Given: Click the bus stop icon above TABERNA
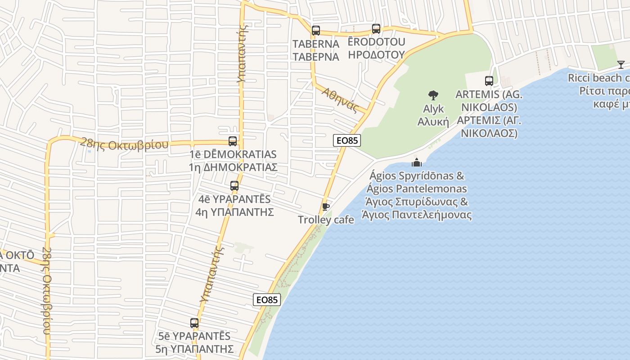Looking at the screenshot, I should tap(316, 31).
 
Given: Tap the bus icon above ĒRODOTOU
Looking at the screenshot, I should tap(376, 29).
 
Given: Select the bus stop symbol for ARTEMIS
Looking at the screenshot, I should tap(489, 81).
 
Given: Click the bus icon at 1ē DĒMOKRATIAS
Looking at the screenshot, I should tap(233, 141).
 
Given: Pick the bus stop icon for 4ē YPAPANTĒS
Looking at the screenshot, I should tap(234, 185).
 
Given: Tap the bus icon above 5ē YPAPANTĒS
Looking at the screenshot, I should tap(194, 323).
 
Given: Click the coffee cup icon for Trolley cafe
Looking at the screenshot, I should tap(326, 207).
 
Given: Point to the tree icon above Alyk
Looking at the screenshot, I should tap(433, 95).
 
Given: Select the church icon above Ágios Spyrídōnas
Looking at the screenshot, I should tap(417, 162).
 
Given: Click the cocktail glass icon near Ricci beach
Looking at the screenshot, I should tap(621, 65).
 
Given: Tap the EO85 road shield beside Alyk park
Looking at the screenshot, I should tap(347, 140).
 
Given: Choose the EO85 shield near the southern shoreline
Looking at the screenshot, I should tap(267, 300).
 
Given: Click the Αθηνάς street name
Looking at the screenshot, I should tap(340, 100).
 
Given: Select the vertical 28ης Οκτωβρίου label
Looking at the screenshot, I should tap(46, 290).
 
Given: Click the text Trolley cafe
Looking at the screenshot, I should tap(326, 220).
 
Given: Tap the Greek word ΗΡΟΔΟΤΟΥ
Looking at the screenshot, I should tap(377, 55).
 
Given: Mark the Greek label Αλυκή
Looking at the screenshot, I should tap(433, 122).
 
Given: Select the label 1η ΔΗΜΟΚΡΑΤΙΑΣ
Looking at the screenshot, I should tap(233, 167).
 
